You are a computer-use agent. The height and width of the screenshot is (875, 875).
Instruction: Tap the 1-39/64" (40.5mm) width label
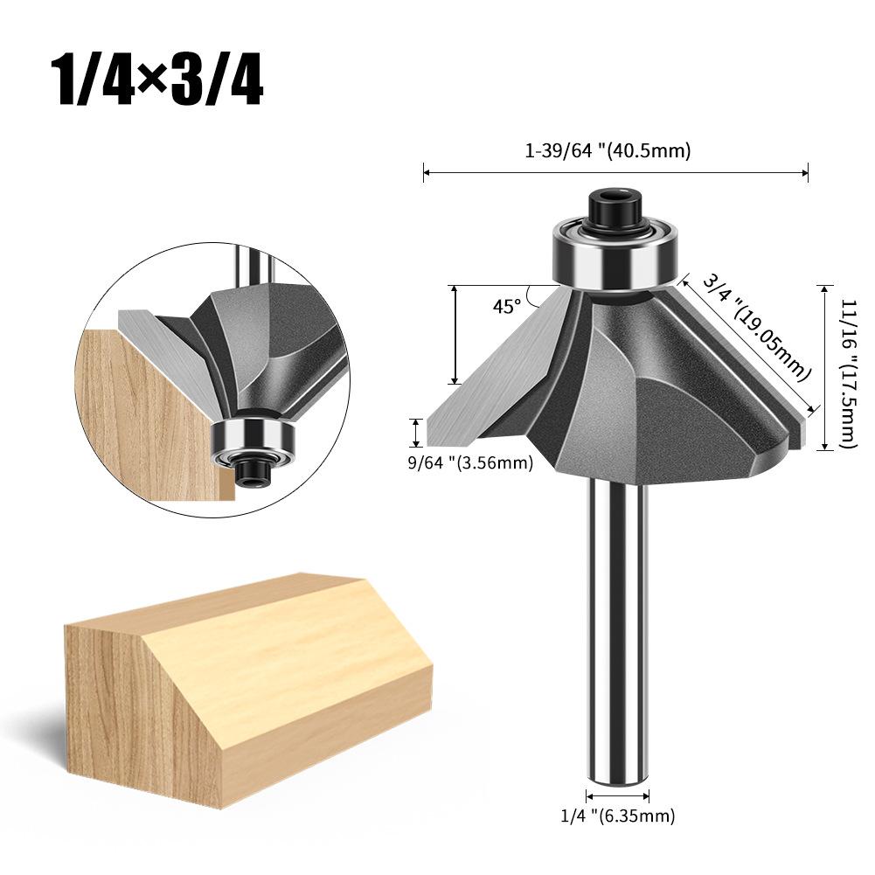click(608, 150)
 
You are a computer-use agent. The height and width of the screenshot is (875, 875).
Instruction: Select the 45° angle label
click(506, 306)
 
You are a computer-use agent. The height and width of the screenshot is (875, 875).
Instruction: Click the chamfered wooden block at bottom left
click(245, 682)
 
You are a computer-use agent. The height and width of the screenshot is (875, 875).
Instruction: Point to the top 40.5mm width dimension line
click(615, 173)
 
